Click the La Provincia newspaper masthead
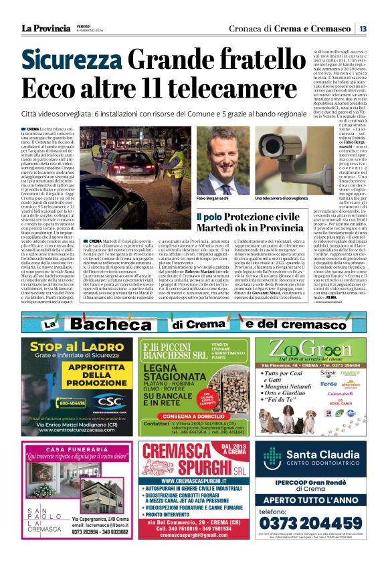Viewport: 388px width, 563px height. click(45, 28)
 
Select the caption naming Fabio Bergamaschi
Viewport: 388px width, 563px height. click(213, 199)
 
